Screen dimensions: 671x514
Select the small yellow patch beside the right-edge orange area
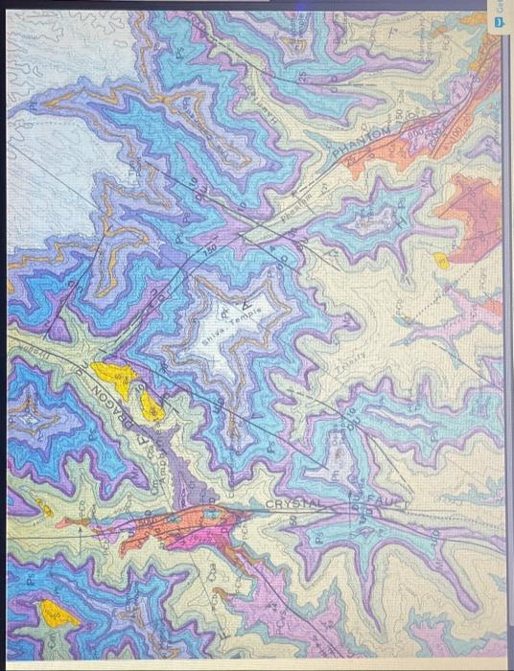(x=441, y=260)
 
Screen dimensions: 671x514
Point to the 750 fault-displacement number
(x=210, y=251)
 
